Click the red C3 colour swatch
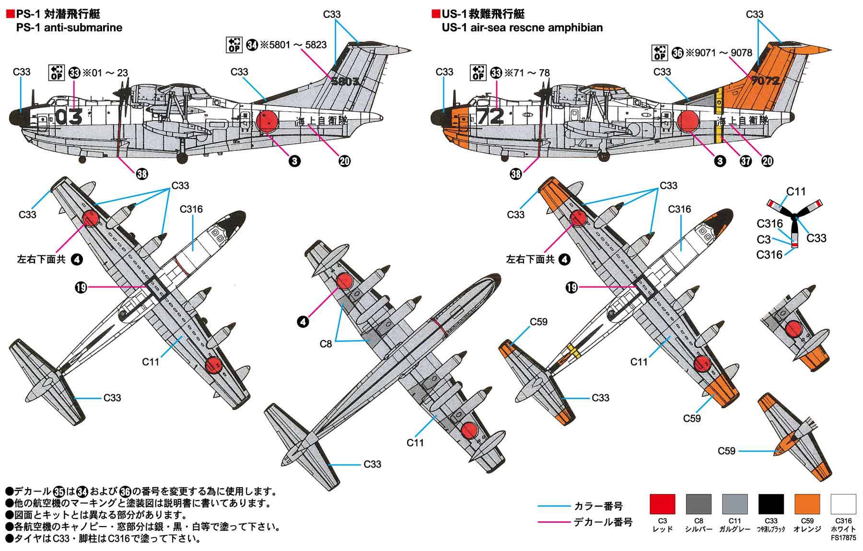(662, 504)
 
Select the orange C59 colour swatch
(807, 504)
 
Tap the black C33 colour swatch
(771, 504)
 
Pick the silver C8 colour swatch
(699, 504)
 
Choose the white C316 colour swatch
(843, 504)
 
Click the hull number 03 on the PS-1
(69, 116)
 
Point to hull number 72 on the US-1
(490, 116)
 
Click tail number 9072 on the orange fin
(766, 80)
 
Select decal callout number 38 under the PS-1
(142, 174)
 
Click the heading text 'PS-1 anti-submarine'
(69, 28)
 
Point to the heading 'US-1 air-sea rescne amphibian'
(522, 28)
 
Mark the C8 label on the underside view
(326, 344)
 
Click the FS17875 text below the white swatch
(843, 538)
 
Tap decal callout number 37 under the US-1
(746, 161)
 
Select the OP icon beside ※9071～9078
(660, 53)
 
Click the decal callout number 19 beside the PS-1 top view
(81, 287)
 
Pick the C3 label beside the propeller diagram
(764, 239)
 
